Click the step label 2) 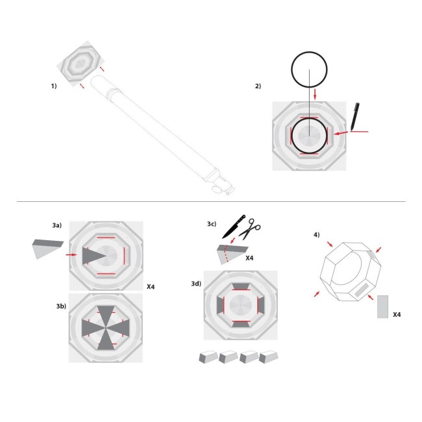(x=258, y=86)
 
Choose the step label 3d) (x=195, y=283)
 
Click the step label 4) (x=316, y=234)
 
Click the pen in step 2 (x=354, y=116)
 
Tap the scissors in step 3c (x=250, y=228)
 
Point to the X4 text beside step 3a (x=151, y=286)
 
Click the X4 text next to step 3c (x=249, y=258)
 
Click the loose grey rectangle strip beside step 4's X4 (x=382, y=306)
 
